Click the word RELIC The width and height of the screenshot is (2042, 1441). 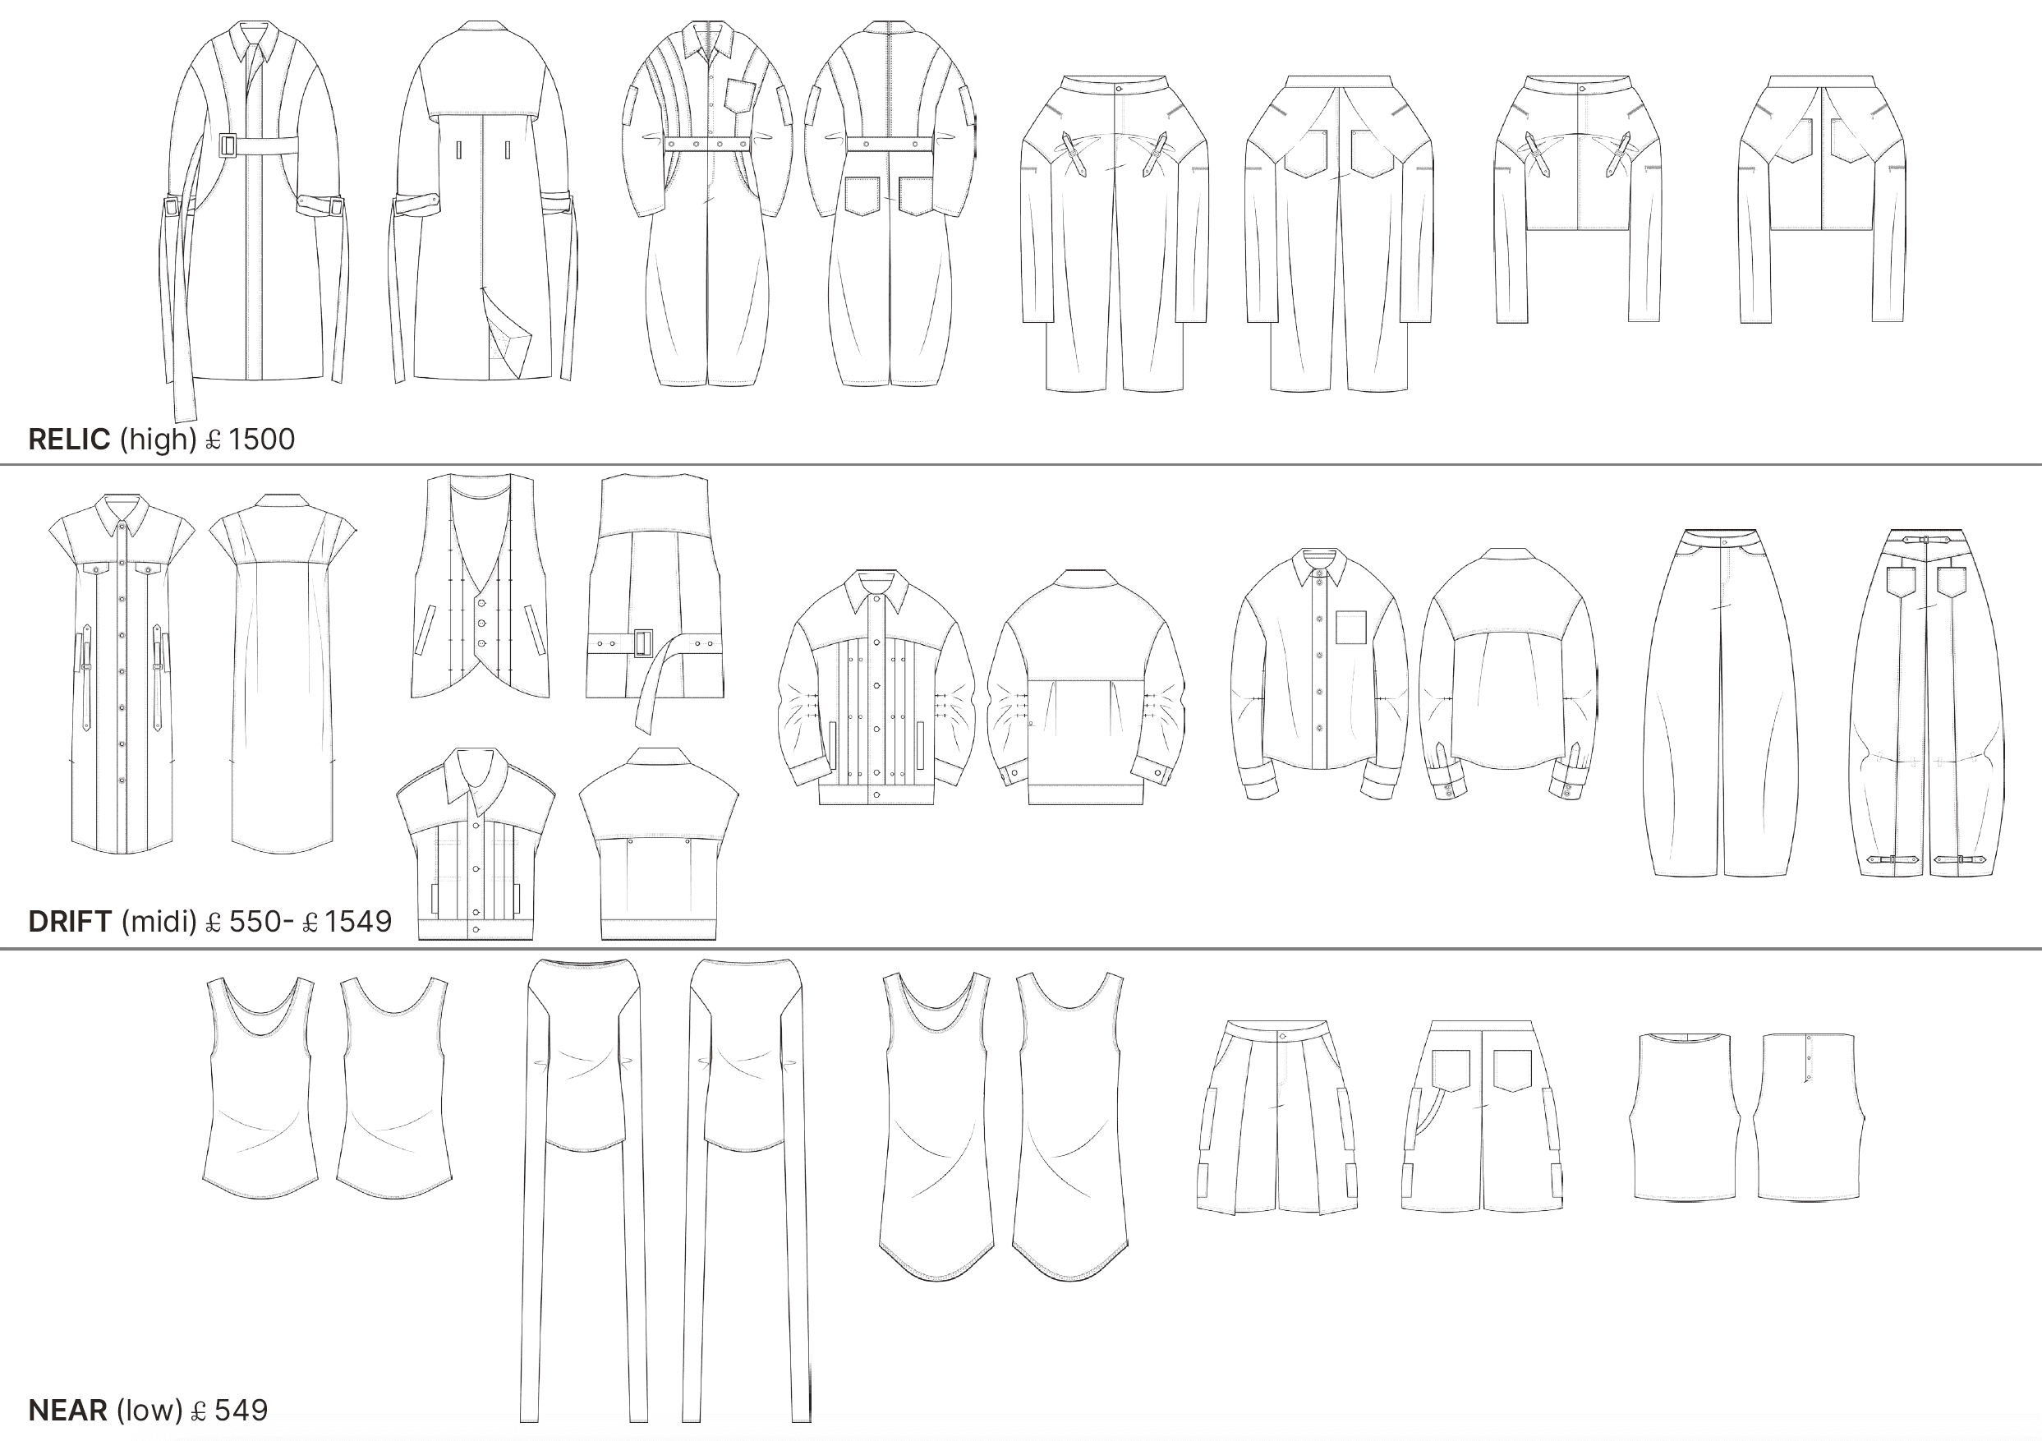[x=69, y=440]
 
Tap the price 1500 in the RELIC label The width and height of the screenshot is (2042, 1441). [x=261, y=440]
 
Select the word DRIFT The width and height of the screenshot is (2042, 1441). [x=69, y=922]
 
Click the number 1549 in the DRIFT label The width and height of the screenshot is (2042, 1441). [x=357, y=922]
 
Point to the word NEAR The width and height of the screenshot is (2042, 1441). [x=67, y=1410]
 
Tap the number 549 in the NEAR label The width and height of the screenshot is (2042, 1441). [x=241, y=1410]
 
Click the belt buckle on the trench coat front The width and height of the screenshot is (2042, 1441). [x=228, y=145]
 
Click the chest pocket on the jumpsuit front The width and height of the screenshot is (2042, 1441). [x=740, y=94]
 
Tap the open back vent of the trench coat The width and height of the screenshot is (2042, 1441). [x=508, y=334]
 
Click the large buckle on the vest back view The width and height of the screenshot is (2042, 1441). [x=642, y=642]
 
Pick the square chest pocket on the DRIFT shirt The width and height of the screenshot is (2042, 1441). [x=1350, y=627]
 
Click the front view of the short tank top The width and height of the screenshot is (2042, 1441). [x=1684, y=1116]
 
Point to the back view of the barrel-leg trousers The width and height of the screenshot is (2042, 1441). [x=1926, y=702]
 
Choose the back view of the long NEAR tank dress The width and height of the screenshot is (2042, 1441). [x=1072, y=1126]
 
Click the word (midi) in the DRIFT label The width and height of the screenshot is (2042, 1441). [x=159, y=922]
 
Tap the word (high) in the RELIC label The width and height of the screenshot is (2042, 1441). [x=158, y=440]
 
